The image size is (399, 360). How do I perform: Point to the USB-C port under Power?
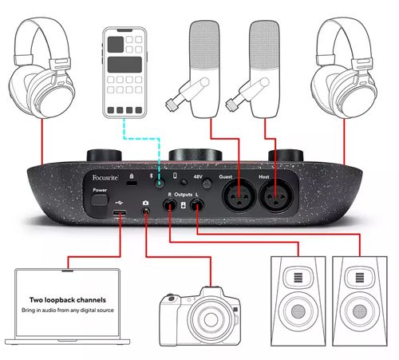[x=120, y=215]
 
